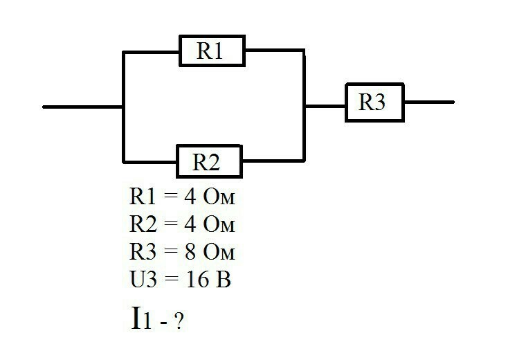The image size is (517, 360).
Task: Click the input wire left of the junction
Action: [x=82, y=107]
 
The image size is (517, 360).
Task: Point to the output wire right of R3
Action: [x=429, y=102]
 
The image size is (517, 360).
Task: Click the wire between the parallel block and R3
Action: [x=325, y=106]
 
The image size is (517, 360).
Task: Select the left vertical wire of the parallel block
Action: [x=123, y=107]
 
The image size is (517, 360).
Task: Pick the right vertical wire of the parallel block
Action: [x=304, y=105]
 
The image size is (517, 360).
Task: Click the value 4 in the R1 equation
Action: [x=190, y=197]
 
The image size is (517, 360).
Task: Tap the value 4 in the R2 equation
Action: [x=190, y=224]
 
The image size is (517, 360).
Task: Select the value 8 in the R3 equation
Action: [x=190, y=252]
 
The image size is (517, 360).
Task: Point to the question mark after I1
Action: [x=179, y=321]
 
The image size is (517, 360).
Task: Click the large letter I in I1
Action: [x=136, y=317]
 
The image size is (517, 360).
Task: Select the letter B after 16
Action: [x=224, y=280]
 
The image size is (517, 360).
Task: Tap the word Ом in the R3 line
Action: [x=219, y=252]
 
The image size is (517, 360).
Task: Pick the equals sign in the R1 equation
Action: [x=170, y=197]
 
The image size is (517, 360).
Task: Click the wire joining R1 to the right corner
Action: [x=275, y=51]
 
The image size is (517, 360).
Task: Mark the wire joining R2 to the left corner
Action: [x=150, y=162]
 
